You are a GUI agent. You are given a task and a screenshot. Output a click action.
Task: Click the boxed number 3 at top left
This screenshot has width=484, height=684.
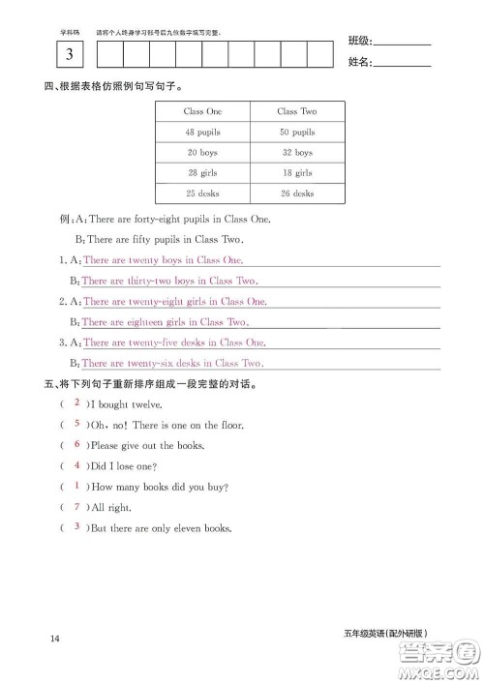pos(68,55)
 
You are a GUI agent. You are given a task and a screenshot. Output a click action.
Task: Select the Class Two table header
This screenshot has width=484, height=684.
pos(296,111)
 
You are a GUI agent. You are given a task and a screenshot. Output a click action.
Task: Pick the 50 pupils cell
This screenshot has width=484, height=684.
pos(296,132)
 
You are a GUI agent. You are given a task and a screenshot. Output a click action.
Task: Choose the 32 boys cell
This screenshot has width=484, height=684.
pos(296,153)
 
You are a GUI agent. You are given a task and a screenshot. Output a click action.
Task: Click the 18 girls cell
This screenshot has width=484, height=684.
pos(296,173)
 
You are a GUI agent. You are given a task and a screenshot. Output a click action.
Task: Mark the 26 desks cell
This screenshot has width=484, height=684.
pos(296,193)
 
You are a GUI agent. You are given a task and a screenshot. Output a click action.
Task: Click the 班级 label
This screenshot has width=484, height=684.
pos(359,41)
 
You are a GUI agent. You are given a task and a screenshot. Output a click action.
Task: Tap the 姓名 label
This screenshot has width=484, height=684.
pos(359,63)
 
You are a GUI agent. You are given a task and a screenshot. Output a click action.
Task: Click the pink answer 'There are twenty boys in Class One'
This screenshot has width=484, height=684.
pos(163,260)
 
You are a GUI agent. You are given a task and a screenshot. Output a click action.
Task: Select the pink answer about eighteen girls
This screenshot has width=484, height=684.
pos(165,322)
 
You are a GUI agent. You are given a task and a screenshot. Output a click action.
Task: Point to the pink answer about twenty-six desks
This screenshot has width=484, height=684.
pos(171,364)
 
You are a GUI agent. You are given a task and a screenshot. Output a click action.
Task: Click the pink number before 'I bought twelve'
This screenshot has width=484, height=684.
pos(76,403)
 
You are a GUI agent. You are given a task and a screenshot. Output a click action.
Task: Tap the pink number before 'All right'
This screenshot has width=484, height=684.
pos(76,506)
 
